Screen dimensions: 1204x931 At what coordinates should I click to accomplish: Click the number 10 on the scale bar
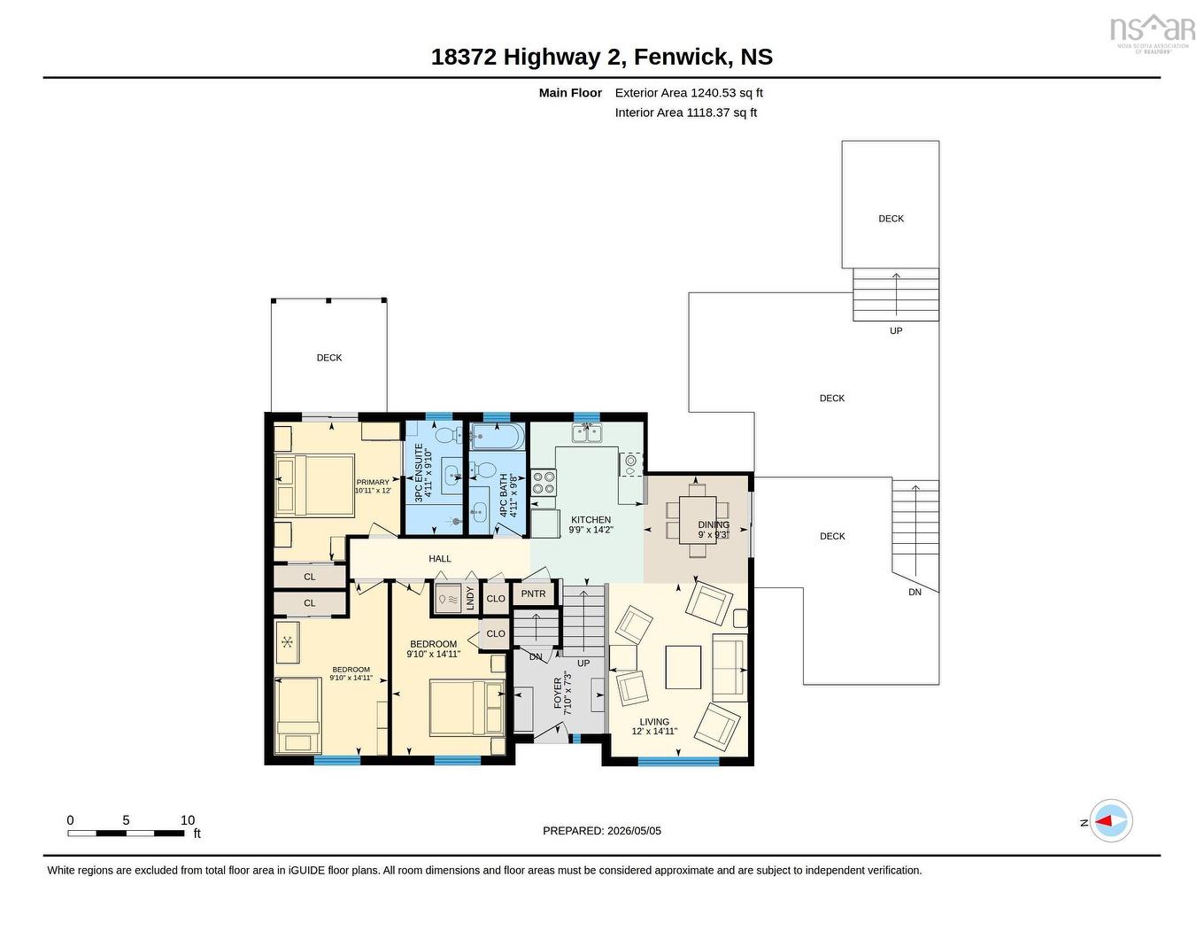pos(188,820)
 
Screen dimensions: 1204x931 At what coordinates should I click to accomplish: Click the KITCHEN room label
pos(590,520)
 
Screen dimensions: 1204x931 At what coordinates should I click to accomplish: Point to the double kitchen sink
pos(587,432)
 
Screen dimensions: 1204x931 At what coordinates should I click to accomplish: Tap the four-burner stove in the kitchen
pos(544,482)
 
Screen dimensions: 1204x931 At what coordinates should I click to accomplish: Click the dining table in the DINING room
pos(697,520)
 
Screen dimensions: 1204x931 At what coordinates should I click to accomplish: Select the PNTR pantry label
pos(533,594)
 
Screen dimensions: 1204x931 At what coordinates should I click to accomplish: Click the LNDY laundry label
pos(470,598)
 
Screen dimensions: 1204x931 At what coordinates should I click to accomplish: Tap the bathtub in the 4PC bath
pos(496,438)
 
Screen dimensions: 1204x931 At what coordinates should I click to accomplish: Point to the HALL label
pos(439,559)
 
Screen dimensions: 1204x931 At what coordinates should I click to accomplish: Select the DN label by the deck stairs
pos(915,592)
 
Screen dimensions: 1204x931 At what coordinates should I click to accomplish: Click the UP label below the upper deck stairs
pos(896,330)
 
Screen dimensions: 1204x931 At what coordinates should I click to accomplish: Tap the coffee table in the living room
pos(683,666)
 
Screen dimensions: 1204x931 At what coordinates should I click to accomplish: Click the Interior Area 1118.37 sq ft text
pos(686,112)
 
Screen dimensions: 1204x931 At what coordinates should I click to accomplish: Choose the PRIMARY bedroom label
pos(373,482)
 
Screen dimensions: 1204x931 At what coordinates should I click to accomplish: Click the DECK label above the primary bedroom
pos(329,358)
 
